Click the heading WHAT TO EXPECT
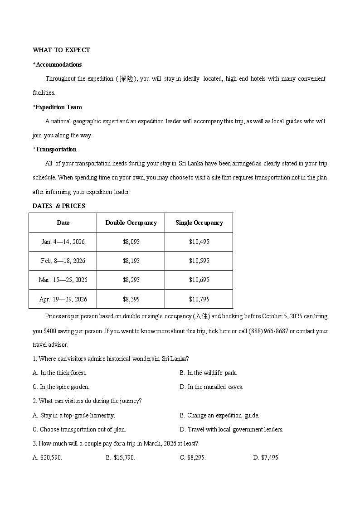tap(61, 50)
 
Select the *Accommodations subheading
tap(57, 64)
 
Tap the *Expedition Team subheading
tap(57, 107)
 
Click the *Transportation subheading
tap(54, 149)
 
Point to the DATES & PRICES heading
tap(58, 206)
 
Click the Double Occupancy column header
tap(131, 223)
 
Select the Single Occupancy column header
tap(199, 223)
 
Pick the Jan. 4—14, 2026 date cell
tap(63, 242)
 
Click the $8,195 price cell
tap(131, 261)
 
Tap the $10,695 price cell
tap(199, 280)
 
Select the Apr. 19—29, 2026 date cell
tap(63, 299)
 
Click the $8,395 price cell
tap(131, 299)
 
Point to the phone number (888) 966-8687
tap(268, 331)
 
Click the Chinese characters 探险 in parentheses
tap(126, 78)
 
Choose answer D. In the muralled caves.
tap(211, 387)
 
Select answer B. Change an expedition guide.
tap(219, 415)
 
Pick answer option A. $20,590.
tap(47, 457)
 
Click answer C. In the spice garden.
tap(61, 387)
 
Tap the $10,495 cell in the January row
tap(199, 242)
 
